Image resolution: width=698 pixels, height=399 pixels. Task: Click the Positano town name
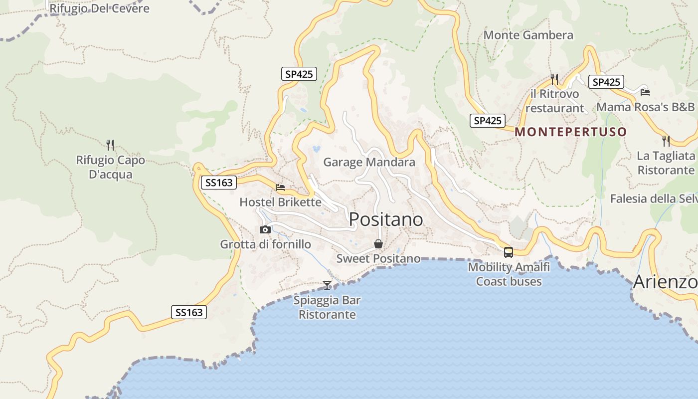(x=386, y=219)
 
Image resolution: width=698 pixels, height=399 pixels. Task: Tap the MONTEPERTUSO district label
(x=570, y=132)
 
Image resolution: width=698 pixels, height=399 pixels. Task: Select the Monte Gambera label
(x=528, y=35)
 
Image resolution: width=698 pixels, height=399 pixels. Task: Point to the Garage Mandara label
(x=369, y=162)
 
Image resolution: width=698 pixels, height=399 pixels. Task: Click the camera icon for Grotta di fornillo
(x=265, y=230)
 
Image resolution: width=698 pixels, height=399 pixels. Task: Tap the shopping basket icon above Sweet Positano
(x=378, y=244)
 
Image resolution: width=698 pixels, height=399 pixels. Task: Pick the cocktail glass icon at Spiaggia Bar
(x=327, y=285)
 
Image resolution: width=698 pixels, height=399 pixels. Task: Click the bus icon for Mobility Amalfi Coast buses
(x=508, y=252)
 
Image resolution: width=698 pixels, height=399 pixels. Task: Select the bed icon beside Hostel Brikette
(x=280, y=188)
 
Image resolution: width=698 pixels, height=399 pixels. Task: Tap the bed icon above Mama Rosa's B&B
(x=645, y=92)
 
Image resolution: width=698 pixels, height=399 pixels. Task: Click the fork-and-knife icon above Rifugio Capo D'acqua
(x=110, y=145)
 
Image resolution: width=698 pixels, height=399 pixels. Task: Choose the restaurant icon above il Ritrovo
(x=554, y=79)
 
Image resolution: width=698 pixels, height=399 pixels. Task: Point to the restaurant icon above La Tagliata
(x=666, y=141)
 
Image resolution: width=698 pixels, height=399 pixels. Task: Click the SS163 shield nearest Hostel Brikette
(x=219, y=183)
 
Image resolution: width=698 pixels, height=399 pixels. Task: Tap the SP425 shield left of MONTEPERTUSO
(x=487, y=121)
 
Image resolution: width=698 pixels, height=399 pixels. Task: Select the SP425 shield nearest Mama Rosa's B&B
(x=606, y=82)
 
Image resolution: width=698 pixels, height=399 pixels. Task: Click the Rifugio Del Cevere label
(x=99, y=8)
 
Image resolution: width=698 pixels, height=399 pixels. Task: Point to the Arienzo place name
(x=665, y=282)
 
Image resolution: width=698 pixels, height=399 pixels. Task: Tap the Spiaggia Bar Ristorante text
(x=327, y=307)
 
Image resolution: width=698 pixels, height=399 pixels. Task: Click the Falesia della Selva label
(x=654, y=199)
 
